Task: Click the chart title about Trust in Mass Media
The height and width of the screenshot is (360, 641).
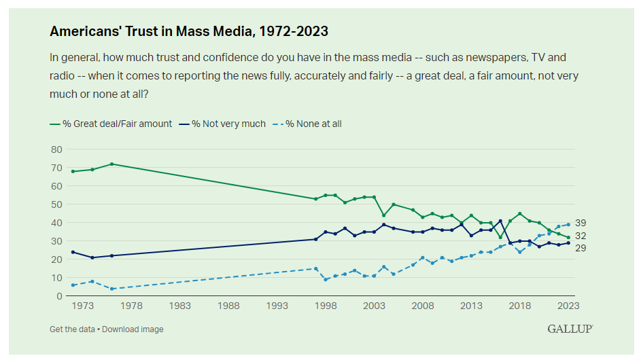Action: (189, 31)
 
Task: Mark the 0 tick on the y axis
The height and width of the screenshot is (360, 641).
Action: (58, 296)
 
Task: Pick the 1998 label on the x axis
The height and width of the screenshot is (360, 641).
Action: (326, 306)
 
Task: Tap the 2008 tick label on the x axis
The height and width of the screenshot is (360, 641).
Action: (423, 306)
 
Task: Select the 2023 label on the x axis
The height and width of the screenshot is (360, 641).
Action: (568, 306)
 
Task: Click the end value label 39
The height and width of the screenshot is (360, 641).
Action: (581, 223)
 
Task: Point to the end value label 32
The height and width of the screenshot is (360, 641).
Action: (581, 236)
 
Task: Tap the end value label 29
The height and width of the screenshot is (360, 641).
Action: (581, 248)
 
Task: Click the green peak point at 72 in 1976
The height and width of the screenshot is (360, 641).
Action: (111, 164)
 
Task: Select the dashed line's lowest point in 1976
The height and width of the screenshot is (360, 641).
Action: (111, 289)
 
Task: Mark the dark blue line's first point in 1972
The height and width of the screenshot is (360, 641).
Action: (73, 252)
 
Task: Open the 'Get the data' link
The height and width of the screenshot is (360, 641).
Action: (73, 329)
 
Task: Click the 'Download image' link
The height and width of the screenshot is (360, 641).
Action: (133, 329)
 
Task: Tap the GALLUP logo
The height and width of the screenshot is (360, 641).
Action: (570, 329)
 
